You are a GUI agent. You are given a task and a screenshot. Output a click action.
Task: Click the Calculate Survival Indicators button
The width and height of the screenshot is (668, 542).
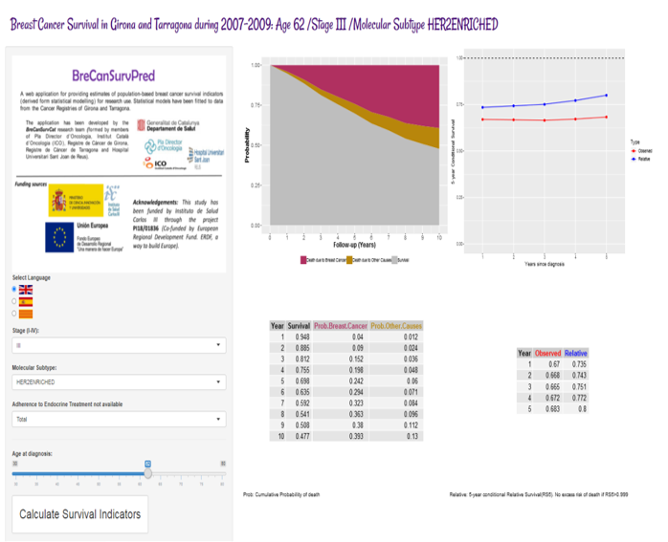click(80, 514)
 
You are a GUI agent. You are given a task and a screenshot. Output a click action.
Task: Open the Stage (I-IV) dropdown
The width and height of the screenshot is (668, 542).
click(119, 346)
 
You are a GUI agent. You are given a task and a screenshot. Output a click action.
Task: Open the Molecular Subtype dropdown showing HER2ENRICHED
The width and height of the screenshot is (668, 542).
click(119, 381)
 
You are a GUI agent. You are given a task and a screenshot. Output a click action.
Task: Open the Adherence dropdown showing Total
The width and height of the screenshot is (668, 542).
click(119, 418)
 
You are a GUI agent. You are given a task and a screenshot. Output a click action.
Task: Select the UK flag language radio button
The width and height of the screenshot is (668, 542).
click(15, 289)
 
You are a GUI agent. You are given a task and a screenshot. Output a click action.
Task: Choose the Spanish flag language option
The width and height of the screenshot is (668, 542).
click(15, 301)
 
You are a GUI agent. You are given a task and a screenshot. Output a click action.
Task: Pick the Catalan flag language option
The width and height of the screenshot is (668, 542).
click(15, 313)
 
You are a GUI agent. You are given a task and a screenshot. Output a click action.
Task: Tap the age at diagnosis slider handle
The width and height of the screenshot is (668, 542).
click(148, 472)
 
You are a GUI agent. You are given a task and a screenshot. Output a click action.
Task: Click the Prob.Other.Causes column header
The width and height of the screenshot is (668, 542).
click(396, 326)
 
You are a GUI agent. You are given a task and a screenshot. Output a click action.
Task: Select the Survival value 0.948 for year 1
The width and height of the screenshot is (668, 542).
click(300, 336)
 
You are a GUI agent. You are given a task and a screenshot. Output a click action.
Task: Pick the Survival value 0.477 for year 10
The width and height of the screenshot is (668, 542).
click(300, 436)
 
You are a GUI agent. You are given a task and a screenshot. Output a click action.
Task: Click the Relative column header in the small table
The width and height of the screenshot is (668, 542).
click(575, 353)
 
